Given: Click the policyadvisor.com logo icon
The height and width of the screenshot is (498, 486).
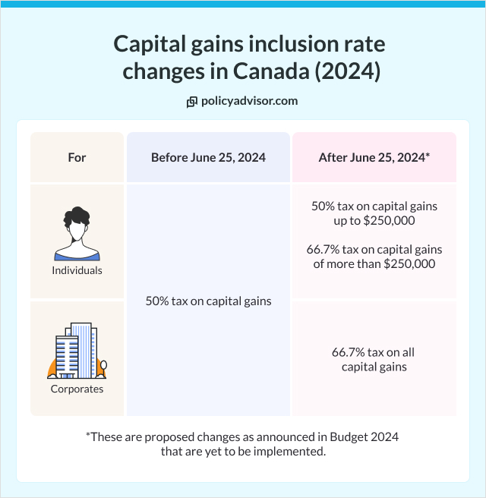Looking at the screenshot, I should pos(192,101).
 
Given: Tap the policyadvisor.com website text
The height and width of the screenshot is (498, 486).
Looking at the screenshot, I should pos(249,101).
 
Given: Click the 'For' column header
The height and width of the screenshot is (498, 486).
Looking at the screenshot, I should pos(77,158).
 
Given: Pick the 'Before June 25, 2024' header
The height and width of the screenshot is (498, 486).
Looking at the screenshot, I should pos(208,158).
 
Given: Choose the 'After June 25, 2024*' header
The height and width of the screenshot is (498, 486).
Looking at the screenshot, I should pos(374,158).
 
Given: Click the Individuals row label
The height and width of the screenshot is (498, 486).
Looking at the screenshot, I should pos(77,270).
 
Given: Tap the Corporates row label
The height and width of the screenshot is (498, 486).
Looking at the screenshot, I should pos(77,389).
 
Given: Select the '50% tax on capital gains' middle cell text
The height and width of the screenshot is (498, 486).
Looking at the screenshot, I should pos(208,301).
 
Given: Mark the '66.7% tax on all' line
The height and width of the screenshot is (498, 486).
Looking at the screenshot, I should pos(373,352).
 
